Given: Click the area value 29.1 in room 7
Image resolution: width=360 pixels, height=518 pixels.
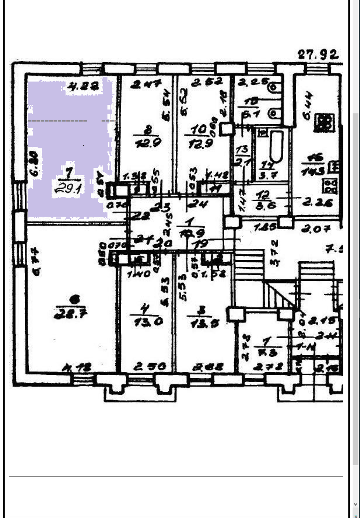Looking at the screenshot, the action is click(x=68, y=189).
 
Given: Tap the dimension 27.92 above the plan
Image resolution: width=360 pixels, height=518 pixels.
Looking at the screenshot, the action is click(x=318, y=55).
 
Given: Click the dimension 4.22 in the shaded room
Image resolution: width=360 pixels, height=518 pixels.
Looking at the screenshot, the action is click(x=82, y=86).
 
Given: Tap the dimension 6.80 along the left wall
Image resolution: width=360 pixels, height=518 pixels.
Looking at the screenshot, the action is click(x=35, y=163).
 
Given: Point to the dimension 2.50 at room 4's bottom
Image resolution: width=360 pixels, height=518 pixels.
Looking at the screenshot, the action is click(x=149, y=366).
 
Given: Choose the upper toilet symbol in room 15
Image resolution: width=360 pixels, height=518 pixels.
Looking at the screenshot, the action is click(x=274, y=87).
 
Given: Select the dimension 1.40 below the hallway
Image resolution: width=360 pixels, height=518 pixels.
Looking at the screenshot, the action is click(x=138, y=273).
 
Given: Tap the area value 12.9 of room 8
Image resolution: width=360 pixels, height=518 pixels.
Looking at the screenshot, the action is click(x=148, y=143).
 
